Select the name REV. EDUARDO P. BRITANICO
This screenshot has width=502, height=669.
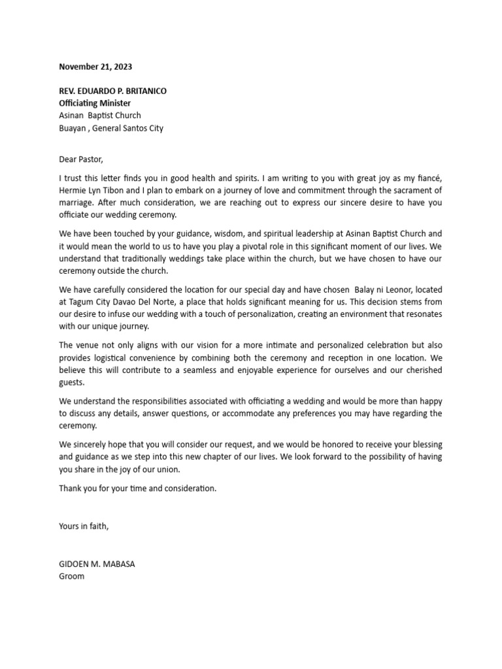click(x=112, y=91)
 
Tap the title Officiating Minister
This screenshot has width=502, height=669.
click(x=95, y=103)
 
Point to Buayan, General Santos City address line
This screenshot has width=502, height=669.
click(x=111, y=128)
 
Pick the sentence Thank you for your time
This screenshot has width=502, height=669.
click(x=137, y=488)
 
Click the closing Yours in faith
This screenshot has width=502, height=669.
click(x=84, y=527)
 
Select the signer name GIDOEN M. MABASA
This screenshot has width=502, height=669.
click(x=97, y=564)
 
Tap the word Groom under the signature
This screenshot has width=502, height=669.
click(x=72, y=577)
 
